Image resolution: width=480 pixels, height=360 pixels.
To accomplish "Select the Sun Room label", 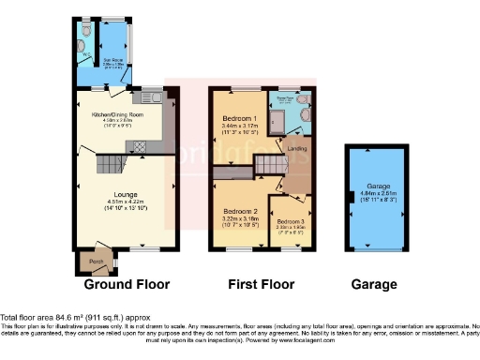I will (x=114, y=53).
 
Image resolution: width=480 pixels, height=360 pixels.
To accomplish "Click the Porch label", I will (x=95, y=261).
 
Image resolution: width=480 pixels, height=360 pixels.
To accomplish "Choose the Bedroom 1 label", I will (x=234, y=118).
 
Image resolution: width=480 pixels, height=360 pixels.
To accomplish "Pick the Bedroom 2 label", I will (x=241, y=212).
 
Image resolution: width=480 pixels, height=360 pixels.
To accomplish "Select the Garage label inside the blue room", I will (x=370, y=186).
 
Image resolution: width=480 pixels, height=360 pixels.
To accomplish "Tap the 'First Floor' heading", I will (x=261, y=284).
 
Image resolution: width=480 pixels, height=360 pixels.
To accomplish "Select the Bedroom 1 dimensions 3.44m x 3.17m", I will (x=234, y=127).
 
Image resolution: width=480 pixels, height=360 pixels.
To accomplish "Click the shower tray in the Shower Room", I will (x=279, y=116).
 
